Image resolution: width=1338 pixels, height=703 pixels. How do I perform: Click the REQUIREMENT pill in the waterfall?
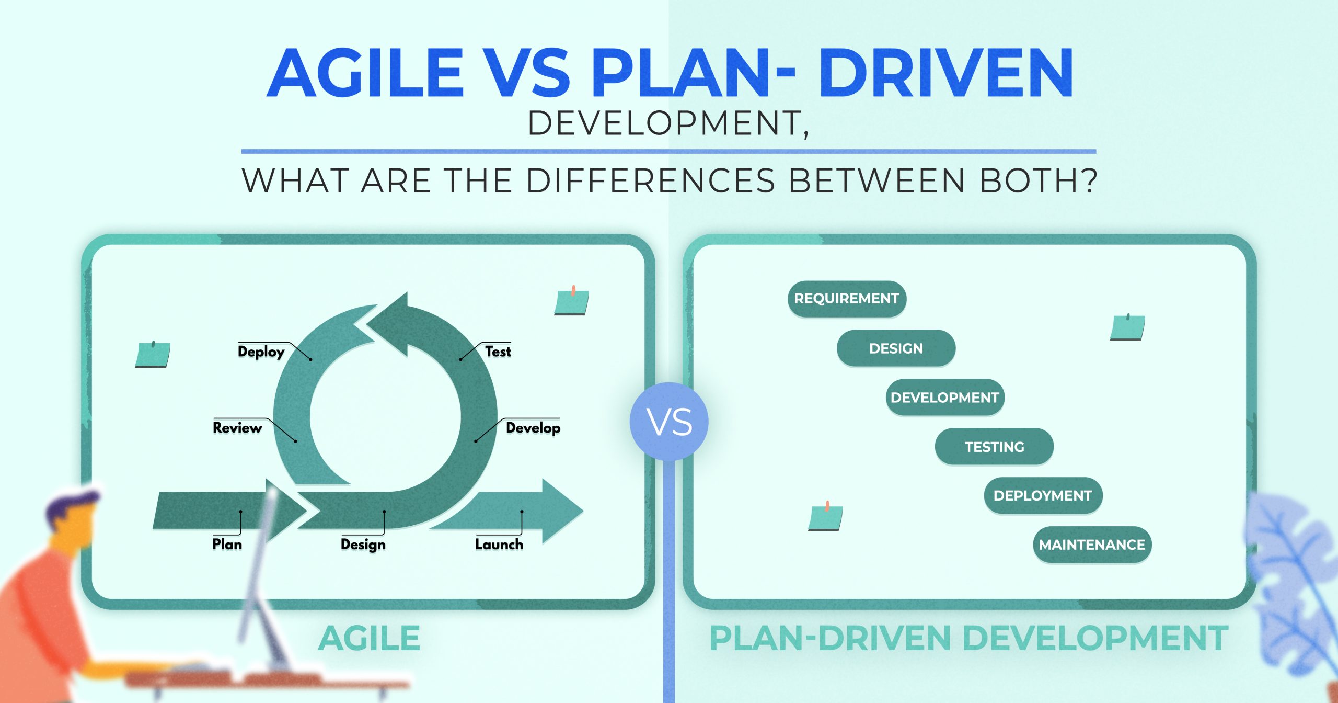847,299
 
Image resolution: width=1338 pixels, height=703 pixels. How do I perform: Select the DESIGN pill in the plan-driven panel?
896,348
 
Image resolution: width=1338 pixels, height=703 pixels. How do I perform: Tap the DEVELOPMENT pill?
944,398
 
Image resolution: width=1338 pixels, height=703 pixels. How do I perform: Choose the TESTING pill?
994,447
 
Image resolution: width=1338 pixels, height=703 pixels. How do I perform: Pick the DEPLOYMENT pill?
1043,495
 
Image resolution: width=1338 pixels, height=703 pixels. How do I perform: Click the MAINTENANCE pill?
1092,545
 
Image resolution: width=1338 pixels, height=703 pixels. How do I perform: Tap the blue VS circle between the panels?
669,422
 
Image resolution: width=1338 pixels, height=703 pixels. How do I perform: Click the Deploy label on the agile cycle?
261,351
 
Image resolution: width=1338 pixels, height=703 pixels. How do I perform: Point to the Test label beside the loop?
498,351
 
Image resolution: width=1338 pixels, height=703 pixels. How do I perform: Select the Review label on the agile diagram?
237,428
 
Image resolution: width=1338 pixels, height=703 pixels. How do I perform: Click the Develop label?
533,428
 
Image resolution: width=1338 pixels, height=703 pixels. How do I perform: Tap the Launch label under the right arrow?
499,545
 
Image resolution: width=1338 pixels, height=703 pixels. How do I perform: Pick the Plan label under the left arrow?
227,545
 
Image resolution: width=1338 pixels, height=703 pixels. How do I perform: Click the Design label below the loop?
363,545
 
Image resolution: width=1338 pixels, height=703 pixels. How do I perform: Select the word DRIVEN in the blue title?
946,73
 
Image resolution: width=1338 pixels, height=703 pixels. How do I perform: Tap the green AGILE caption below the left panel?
369,639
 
